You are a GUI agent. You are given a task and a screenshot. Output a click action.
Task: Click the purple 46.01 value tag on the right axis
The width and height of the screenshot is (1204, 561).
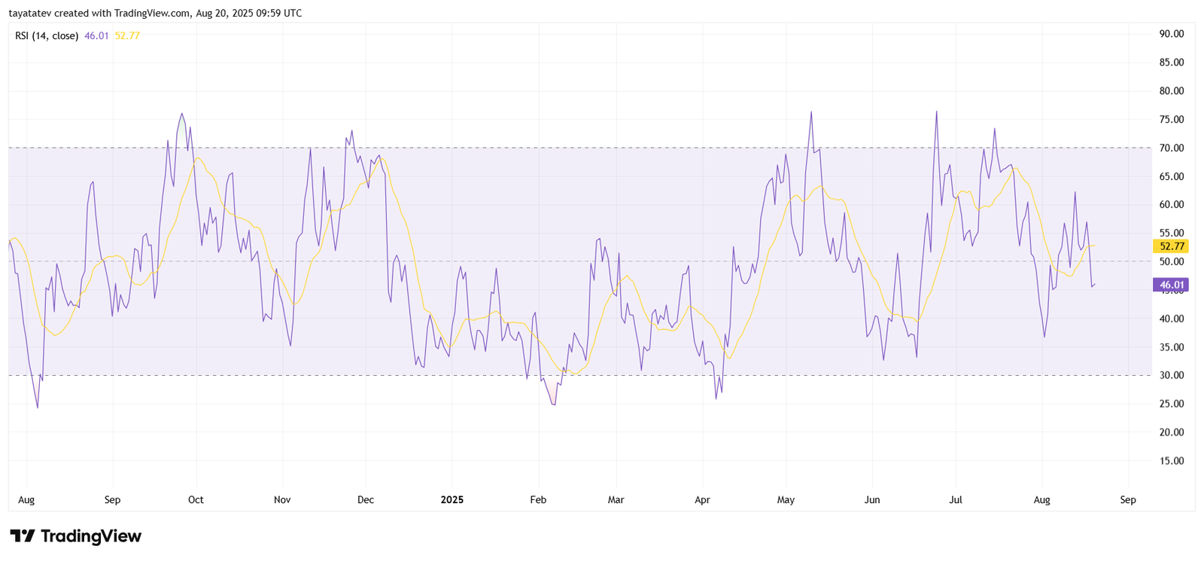pos(1171,285)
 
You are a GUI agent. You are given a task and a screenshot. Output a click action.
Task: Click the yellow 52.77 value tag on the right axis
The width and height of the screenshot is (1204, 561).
pos(1171,246)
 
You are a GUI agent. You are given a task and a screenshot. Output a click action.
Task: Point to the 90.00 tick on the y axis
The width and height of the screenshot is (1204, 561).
pos(1172,34)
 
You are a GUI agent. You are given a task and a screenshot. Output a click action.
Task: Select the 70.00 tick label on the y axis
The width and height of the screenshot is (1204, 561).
pos(1172,148)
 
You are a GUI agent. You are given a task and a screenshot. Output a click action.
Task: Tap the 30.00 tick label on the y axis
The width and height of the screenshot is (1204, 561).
pos(1172,375)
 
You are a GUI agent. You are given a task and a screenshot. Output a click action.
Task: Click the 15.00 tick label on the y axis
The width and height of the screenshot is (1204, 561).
pos(1172,461)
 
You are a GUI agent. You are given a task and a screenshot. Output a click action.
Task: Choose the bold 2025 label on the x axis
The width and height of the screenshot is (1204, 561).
pos(451,500)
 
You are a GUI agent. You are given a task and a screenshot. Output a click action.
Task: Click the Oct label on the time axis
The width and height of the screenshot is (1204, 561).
pos(196,500)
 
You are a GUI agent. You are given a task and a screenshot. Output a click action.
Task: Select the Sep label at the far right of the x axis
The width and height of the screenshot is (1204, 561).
pos(1127,500)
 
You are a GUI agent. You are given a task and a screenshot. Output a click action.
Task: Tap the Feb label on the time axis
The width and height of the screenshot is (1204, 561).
pos(538,500)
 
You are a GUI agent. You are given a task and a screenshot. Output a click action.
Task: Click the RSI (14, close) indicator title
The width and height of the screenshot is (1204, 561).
pos(47,35)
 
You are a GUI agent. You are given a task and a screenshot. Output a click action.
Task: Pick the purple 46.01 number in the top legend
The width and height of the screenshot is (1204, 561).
pos(96,35)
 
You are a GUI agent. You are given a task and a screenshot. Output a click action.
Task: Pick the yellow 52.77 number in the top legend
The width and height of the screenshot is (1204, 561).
pos(127,35)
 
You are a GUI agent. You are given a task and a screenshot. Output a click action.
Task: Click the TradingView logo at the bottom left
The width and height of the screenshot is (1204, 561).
pos(75,536)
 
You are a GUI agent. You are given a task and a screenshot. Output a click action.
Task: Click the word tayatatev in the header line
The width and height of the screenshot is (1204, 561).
pos(29,13)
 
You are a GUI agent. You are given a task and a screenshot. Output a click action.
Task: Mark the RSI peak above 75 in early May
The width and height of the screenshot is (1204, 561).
pos(811,112)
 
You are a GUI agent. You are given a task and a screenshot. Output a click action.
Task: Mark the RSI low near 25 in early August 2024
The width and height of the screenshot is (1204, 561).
pos(38,407)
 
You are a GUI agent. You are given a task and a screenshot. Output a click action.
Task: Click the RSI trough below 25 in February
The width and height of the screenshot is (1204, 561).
pos(555,404)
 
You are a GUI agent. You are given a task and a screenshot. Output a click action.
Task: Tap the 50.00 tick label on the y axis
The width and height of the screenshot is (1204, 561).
pos(1172,262)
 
